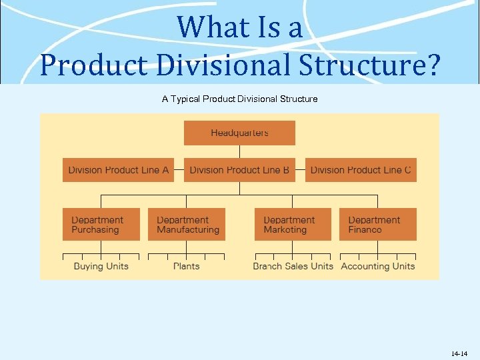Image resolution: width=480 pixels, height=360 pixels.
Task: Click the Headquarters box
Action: (239, 133)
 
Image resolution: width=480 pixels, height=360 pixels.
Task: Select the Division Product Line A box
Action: (118, 170)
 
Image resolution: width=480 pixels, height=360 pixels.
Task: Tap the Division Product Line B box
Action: (239, 170)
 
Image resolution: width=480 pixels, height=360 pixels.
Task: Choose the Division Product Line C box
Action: (361, 170)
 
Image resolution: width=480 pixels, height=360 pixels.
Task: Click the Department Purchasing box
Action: (101, 225)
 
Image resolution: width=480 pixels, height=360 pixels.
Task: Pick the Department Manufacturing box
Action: (187, 225)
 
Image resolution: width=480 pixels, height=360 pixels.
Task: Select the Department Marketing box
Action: (292, 225)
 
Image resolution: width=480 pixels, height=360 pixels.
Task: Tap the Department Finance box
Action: (377, 225)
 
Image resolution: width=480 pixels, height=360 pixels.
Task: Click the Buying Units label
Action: (101, 266)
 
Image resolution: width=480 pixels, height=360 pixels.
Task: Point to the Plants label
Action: (187, 266)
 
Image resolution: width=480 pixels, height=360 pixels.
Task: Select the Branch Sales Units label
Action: (293, 266)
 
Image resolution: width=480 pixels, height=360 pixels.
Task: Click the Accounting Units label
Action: (377, 266)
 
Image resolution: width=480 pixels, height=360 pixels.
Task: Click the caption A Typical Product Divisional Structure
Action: (239, 99)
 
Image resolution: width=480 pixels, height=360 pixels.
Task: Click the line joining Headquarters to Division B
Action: (239, 151)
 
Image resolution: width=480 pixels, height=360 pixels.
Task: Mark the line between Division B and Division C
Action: (300, 170)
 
